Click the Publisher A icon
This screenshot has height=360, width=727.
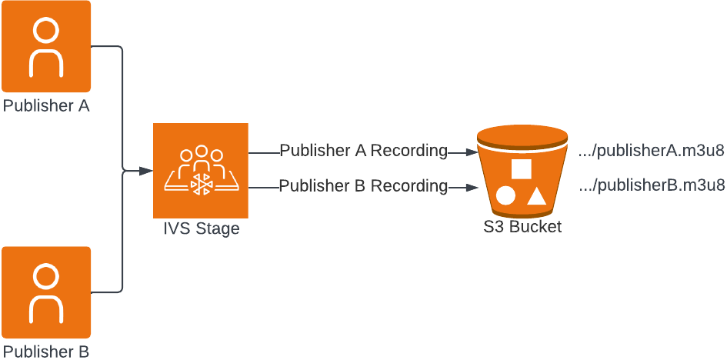pyautogui.click(x=46, y=47)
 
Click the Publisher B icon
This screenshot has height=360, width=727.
pyautogui.click(x=46, y=292)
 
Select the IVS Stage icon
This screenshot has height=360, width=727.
pyautogui.click(x=200, y=170)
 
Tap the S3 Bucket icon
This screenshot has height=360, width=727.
pyautogui.click(x=522, y=173)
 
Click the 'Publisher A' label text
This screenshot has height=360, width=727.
pyautogui.click(x=46, y=105)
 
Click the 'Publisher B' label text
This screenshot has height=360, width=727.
pyautogui.click(x=46, y=352)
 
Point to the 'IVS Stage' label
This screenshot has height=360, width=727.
pyautogui.click(x=201, y=228)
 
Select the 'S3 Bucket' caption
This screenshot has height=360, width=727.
pyautogui.click(x=522, y=227)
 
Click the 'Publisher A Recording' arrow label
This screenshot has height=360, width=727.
pyautogui.click(x=363, y=151)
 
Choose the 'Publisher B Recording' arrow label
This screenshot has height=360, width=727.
pyautogui.click(x=363, y=185)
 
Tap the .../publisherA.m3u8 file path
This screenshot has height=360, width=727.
pyautogui.click(x=651, y=151)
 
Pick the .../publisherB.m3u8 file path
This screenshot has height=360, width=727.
pyautogui.click(x=651, y=185)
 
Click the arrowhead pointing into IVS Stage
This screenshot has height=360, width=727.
pyautogui.click(x=145, y=170)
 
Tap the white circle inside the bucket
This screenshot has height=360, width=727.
pyautogui.click(x=505, y=195)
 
